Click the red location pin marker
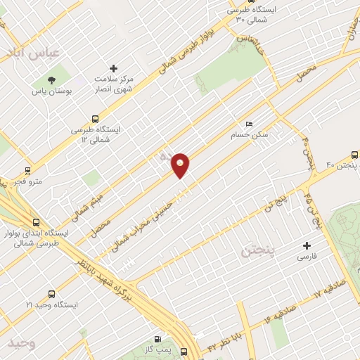point(181,165)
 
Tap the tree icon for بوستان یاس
point(53,79)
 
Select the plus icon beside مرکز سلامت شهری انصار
point(114,68)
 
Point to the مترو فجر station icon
point(27,170)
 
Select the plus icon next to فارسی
point(307,245)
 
